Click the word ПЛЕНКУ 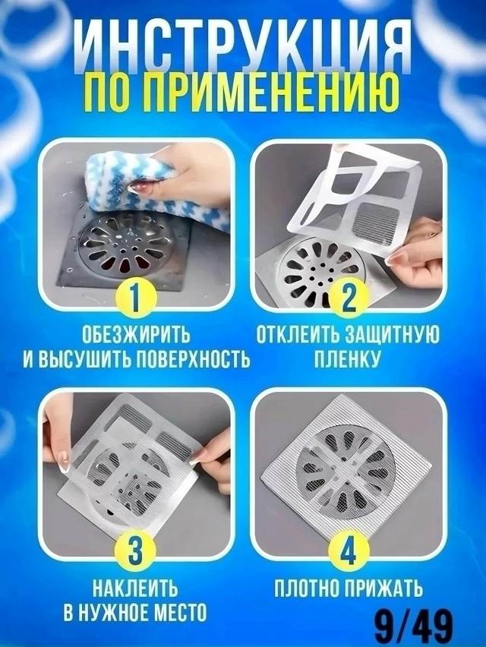point(349,359)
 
